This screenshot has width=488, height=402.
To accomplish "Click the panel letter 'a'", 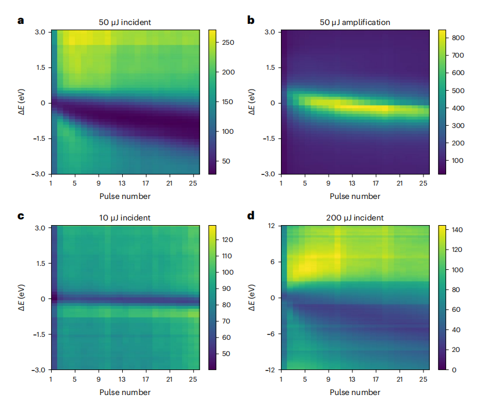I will tap(21, 21).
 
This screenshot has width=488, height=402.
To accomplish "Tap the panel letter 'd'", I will tap(251, 216).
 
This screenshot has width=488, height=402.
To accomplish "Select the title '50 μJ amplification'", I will tap(355, 22).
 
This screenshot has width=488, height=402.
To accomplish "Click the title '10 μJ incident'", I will tap(124, 218).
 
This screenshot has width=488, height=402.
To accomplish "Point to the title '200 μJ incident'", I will tap(355, 218).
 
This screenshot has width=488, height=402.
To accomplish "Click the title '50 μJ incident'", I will tap(124, 22).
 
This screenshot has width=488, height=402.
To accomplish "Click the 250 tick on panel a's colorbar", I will tap(228, 42).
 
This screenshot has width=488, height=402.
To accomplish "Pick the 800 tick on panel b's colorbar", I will tap(458, 38).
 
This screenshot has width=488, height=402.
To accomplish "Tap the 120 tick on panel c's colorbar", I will tap(228, 240).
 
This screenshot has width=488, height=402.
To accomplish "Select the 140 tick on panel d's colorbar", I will tap(457, 230).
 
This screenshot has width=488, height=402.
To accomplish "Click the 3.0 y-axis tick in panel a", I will tap(40, 31).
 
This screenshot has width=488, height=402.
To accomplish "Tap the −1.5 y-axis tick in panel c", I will tap(38, 335).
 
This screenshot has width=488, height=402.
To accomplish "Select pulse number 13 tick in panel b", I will tap(352, 183).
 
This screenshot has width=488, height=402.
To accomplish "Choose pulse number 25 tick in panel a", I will tap(193, 183).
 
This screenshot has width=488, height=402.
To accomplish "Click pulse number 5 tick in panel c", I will tap(75, 379).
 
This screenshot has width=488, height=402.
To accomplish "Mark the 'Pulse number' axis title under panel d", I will tap(355, 392).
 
